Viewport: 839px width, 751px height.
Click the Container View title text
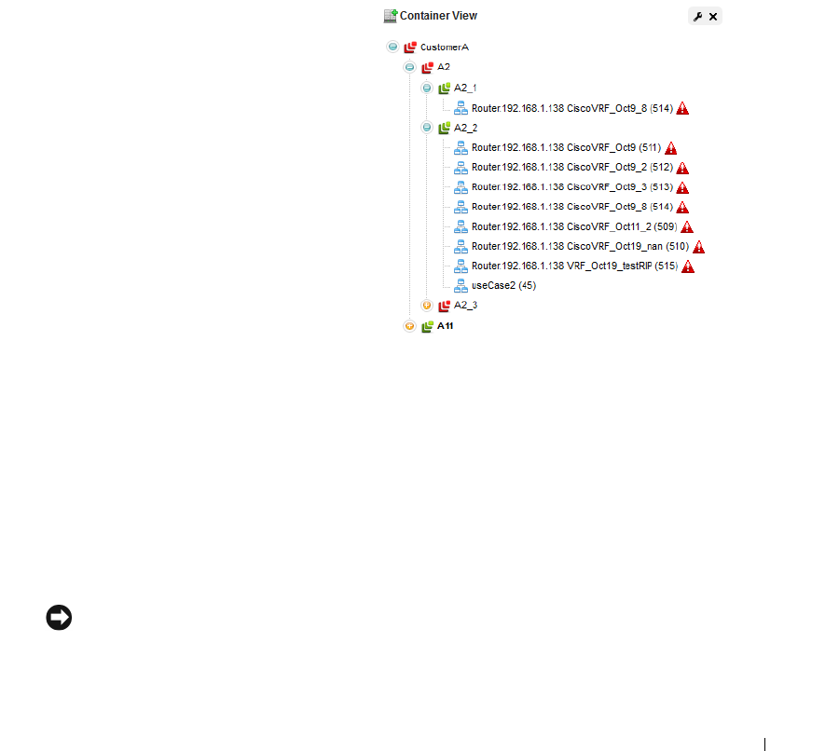(x=438, y=16)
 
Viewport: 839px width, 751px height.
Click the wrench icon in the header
(x=697, y=17)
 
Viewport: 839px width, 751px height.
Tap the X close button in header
(x=713, y=17)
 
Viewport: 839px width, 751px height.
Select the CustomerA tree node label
(x=445, y=48)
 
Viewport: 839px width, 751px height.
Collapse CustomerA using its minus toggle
(x=392, y=47)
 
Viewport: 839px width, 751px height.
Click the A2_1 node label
(x=465, y=88)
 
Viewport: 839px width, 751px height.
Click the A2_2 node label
(x=465, y=128)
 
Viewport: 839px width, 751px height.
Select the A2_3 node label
(x=465, y=306)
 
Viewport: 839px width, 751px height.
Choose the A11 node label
(x=447, y=326)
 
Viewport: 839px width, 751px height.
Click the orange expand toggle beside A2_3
(x=427, y=306)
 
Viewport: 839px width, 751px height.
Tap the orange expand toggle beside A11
(x=409, y=326)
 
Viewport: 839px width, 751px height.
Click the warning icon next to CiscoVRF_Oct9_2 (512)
(x=682, y=168)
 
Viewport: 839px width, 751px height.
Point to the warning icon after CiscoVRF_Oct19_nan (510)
(x=699, y=247)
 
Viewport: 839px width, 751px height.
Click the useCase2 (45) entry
(x=503, y=286)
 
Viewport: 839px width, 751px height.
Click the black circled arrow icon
(x=59, y=618)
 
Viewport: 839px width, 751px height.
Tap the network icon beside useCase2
(x=461, y=286)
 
